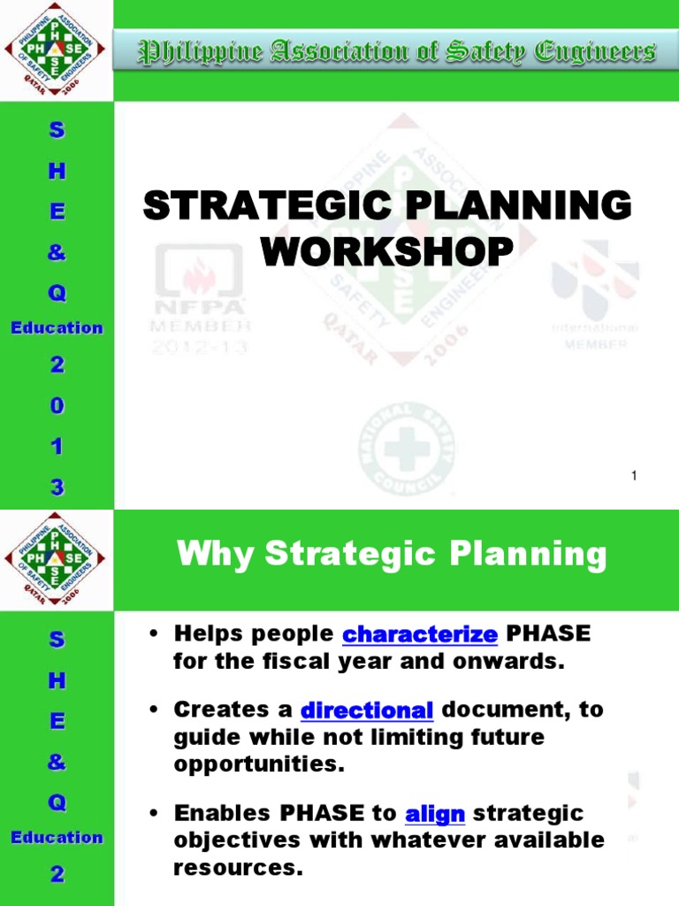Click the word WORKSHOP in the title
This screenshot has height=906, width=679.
point(387,251)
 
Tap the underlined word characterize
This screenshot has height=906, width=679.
point(420,633)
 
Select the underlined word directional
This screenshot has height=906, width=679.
point(367,710)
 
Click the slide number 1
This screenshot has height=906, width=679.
point(634,477)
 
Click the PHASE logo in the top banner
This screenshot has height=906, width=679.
point(55,50)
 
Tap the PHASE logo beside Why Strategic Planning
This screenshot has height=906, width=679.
point(55,560)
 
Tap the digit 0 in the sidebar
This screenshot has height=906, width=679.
point(57,407)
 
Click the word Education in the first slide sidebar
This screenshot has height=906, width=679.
point(57,327)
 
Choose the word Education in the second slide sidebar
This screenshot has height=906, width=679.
point(57,837)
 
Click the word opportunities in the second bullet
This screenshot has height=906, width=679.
point(258,764)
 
